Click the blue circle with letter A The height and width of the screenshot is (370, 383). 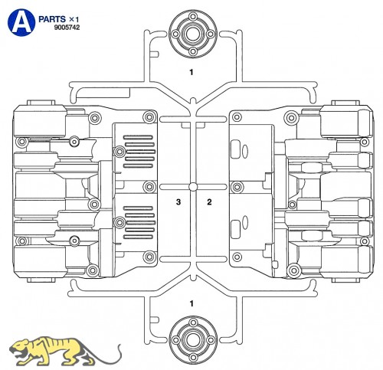pos(21,23)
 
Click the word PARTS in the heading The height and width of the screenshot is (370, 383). pos(52,19)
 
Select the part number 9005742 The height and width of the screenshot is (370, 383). pos(67,28)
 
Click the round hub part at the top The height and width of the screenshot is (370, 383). pos(193,34)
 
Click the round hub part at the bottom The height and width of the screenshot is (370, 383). pos(193,340)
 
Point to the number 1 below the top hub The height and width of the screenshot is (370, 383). pos(191,72)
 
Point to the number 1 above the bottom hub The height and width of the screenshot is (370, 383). pos(191,303)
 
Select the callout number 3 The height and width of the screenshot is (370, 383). pos(178,202)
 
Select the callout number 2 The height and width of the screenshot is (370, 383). pos(209,202)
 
